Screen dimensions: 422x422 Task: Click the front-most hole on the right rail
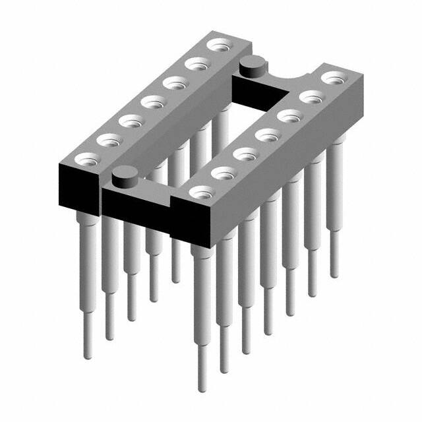202,192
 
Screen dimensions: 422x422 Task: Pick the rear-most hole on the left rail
217,45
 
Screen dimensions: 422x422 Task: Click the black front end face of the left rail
75,181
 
